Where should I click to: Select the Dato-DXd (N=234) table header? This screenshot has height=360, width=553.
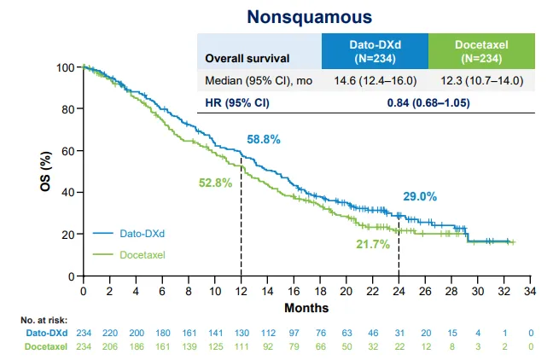coord(374,51)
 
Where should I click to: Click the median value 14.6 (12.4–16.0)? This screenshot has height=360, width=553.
coord(374,81)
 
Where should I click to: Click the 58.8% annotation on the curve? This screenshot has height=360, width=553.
coord(264,138)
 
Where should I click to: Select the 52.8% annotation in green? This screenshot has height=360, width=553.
coord(214,182)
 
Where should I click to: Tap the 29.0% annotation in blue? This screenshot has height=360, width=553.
coord(420,196)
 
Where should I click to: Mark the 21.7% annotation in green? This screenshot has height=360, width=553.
coord(373,244)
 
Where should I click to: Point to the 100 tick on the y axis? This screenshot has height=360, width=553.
coord(65,67)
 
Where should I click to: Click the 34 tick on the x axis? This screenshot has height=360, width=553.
coord(530,292)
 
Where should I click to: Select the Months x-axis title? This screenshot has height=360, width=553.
coord(306,307)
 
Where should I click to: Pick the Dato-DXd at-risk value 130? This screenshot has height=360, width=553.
coord(241,332)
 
